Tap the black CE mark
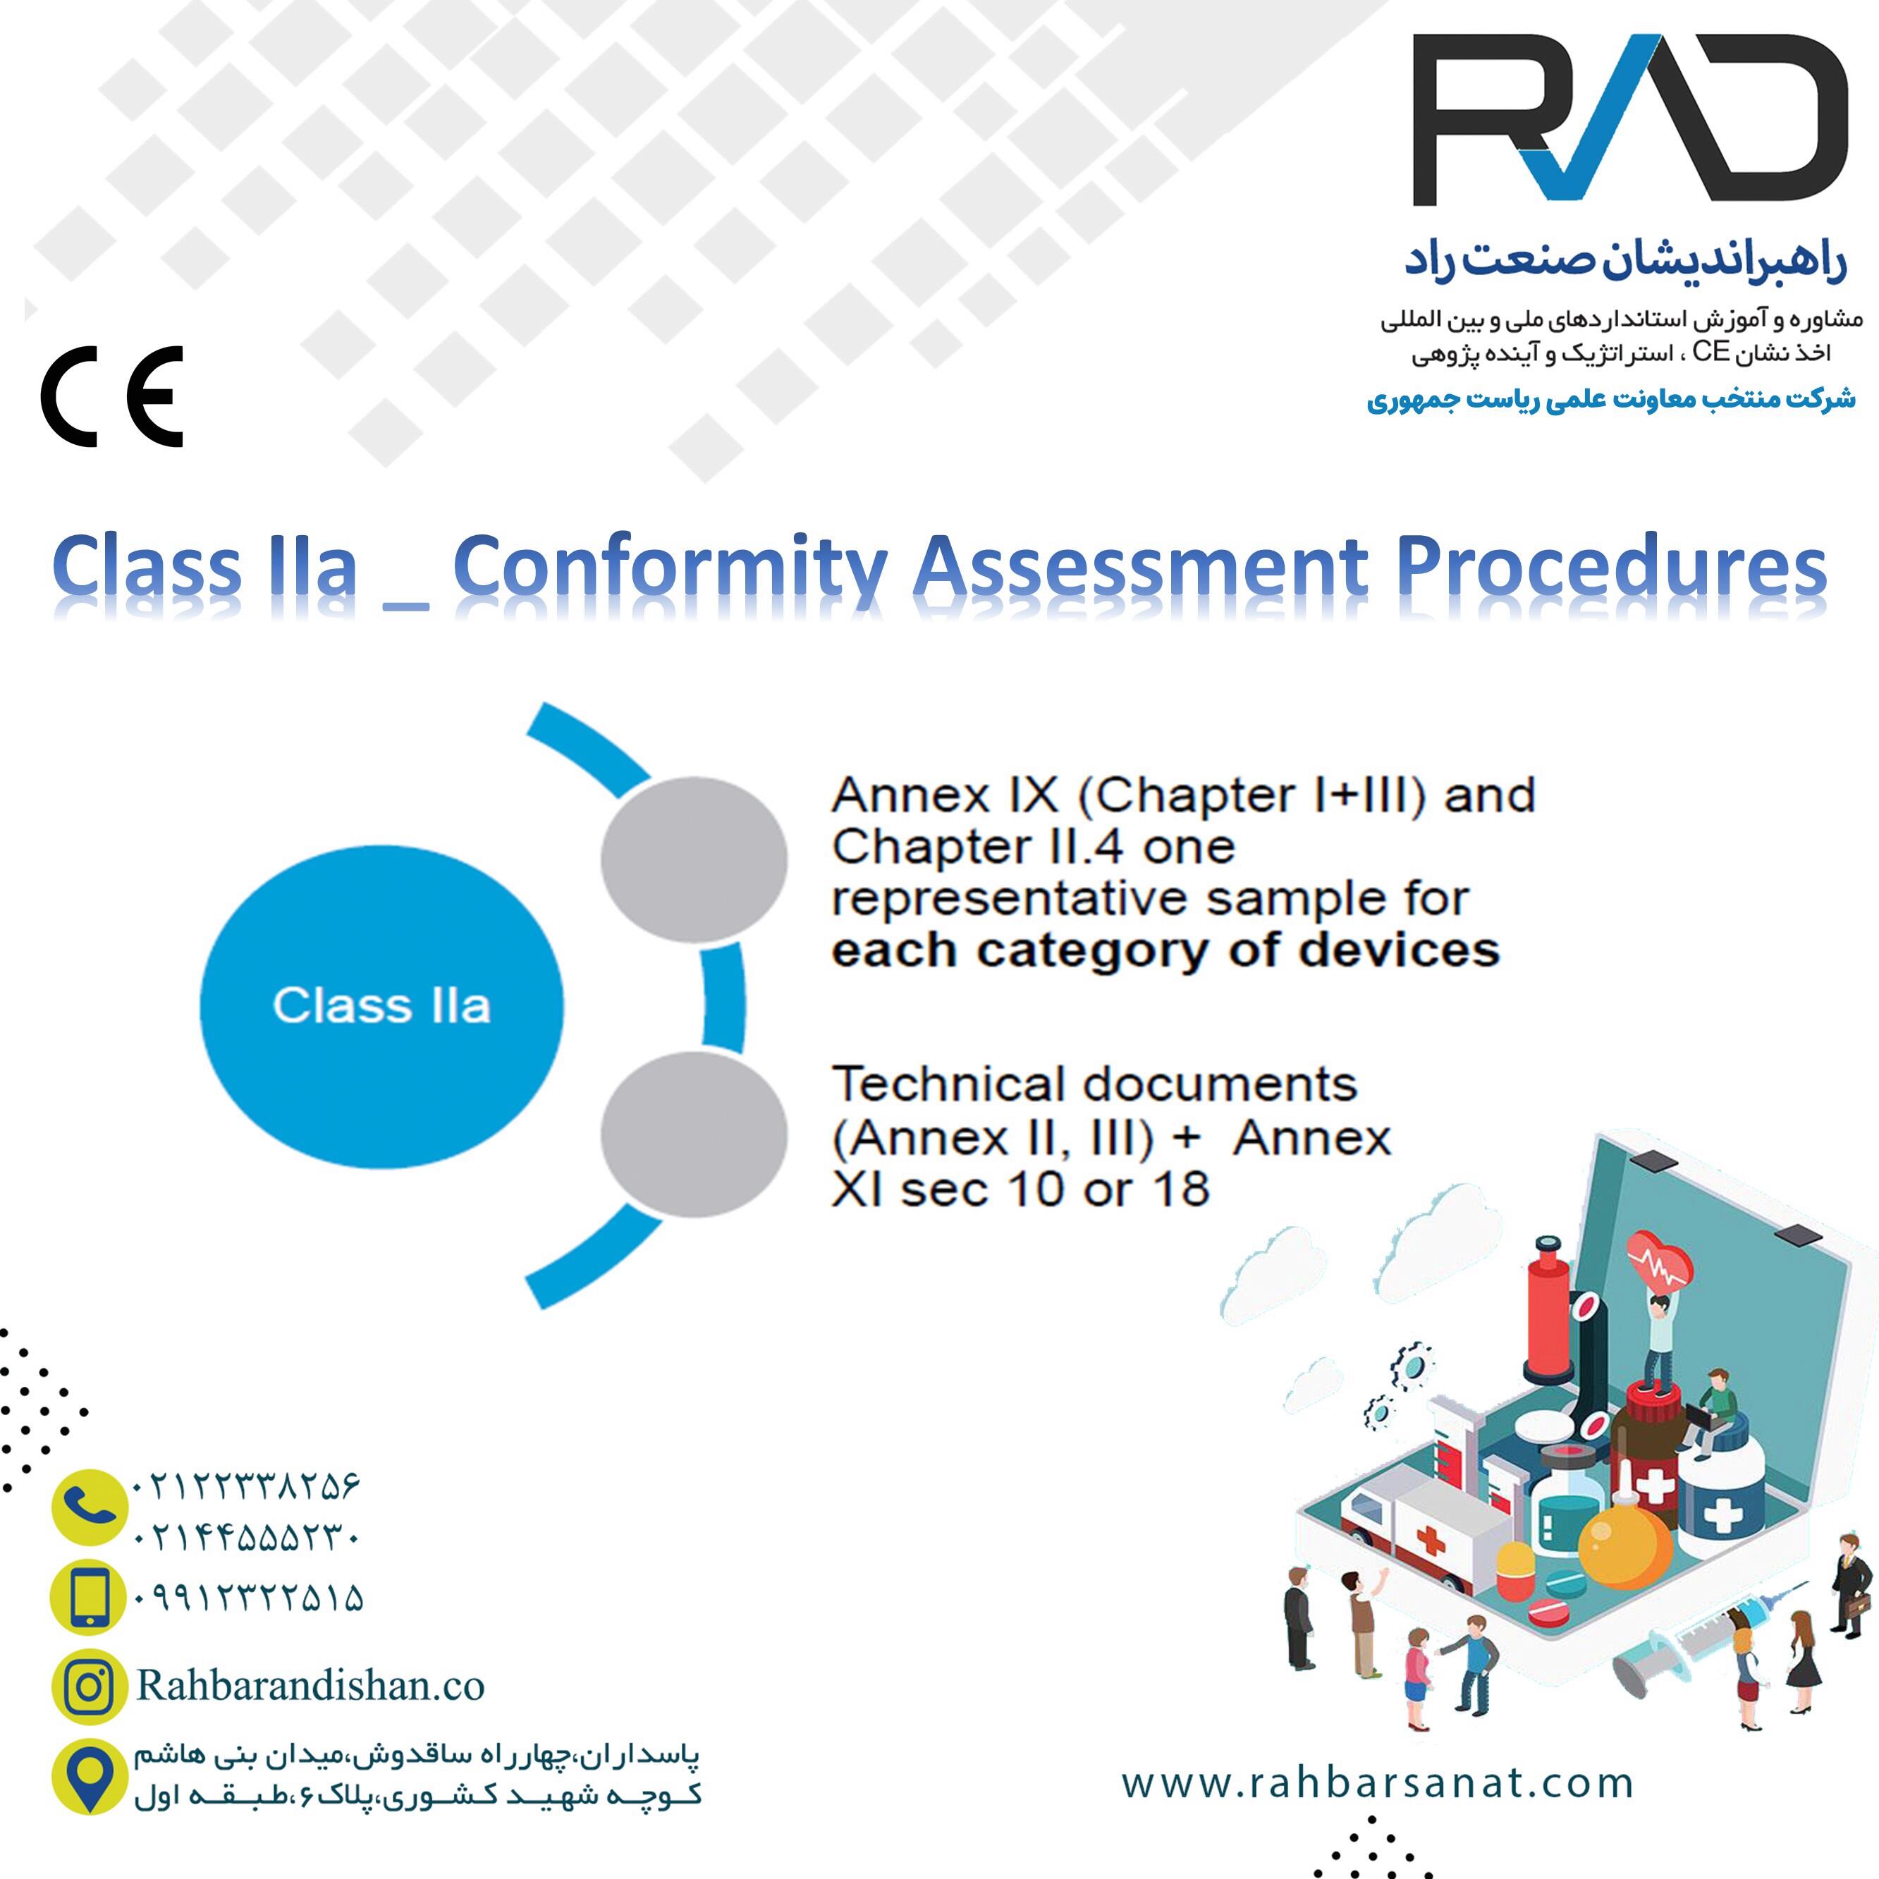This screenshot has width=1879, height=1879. [112, 396]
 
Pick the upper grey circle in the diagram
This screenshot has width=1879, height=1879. [694, 859]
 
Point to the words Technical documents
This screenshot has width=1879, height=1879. [1094, 1084]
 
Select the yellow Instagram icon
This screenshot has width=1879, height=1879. [90, 1687]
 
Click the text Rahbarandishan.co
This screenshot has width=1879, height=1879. [310, 1685]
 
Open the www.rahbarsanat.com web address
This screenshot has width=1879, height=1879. [1377, 1782]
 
